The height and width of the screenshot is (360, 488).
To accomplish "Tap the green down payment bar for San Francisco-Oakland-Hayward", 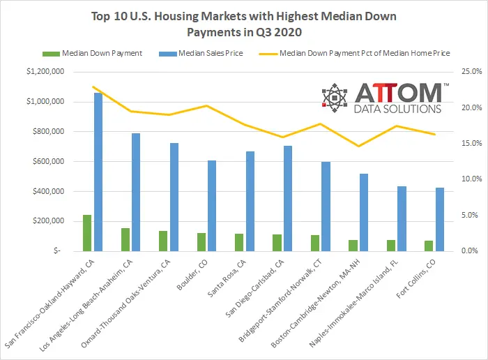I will tap(87, 233).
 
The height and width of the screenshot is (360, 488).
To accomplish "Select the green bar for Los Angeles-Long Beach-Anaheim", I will tap(125, 239).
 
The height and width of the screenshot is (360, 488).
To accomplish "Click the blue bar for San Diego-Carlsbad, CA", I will tap(287, 198).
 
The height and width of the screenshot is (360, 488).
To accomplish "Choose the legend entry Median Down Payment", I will tap(97, 52).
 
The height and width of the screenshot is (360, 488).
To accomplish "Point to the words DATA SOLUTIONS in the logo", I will tap(398, 110).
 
